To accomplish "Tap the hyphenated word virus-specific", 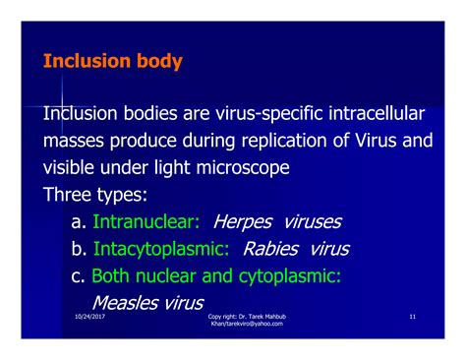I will tap(261, 117).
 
